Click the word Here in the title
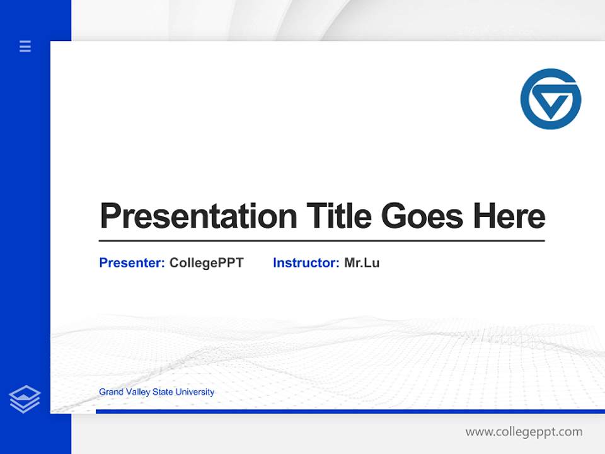click(509, 216)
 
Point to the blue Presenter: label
click(132, 263)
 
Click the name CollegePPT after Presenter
click(206, 263)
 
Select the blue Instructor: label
click(306, 263)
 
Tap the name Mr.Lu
click(362, 263)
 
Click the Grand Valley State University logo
click(550, 99)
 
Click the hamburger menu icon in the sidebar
click(25, 46)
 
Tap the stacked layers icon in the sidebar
click(25, 399)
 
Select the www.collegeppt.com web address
click(524, 432)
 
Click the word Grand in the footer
click(111, 392)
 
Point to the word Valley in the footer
click(137, 392)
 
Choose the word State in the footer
click(162, 392)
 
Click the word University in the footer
click(195, 392)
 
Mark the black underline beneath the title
click(321, 241)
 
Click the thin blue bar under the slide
click(350, 411)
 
